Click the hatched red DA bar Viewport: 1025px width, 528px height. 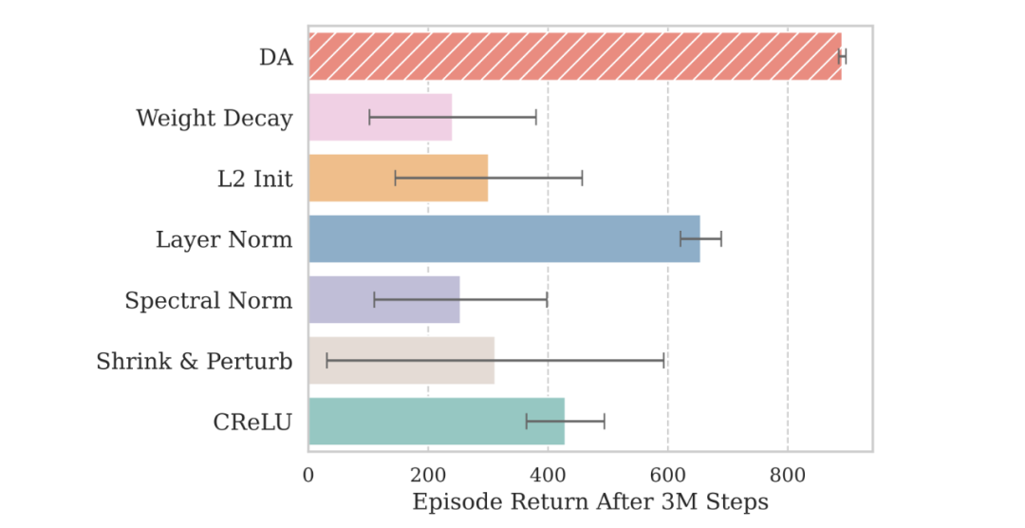(x=574, y=56)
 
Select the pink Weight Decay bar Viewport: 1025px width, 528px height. (x=380, y=118)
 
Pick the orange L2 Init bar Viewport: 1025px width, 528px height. (x=398, y=178)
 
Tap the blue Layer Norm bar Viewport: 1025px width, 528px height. (x=503, y=238)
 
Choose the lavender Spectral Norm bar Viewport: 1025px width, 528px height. (x=383, y=300)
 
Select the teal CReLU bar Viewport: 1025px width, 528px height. (x=436, y=422)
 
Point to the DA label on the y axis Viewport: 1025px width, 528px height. (x=275, y=57)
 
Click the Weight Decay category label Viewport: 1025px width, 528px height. (x=214, y=118)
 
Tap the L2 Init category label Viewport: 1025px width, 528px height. (x=254, y=179)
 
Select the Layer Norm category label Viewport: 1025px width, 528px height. (x=224, y=239)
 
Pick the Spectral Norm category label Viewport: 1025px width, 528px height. (x=209, y=301)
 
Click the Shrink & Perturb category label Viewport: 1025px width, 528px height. (x=195, y=362)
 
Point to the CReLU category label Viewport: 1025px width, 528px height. (x=252, y=423)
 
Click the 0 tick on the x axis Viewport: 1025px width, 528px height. (x=308, y=471)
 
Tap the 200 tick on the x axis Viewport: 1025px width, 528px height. (x=428, y=471)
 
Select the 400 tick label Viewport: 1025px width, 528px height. (x=548, y=471)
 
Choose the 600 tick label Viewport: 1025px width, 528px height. (x=667, y=471)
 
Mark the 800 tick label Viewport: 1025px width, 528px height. (x=787, y=471)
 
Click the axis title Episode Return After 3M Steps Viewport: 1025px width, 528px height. (x=589, y=501)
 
